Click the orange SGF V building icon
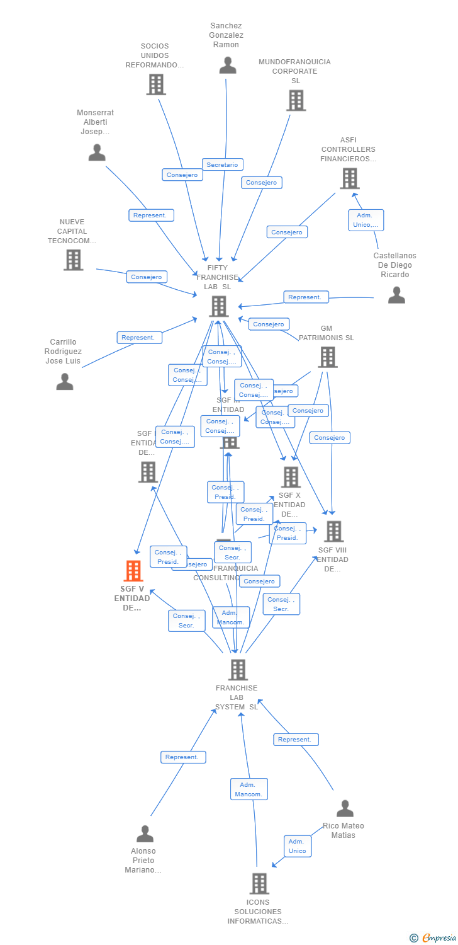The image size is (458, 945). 133,571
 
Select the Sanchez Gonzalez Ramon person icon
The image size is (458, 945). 228,66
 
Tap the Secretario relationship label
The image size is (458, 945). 222,164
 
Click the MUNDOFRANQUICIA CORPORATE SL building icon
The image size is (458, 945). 296,100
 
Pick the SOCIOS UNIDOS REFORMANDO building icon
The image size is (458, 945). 155,84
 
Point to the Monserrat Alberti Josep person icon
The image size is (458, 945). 97,152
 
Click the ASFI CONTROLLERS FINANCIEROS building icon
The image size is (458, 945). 349,178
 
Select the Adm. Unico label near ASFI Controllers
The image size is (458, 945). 366,220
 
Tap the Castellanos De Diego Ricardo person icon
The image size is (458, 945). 396,295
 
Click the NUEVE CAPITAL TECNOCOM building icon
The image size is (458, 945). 74,260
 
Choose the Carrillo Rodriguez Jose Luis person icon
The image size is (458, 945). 65,381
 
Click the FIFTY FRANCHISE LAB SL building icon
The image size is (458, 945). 219,306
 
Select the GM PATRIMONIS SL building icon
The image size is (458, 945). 327,357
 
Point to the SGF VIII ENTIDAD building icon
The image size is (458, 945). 333,531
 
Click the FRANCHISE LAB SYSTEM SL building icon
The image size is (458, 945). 238,670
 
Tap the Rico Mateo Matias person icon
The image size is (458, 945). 345,808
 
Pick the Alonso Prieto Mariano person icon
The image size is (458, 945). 145,833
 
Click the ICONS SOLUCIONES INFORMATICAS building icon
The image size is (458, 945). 259,883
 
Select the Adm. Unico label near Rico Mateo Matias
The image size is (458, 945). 297,846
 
